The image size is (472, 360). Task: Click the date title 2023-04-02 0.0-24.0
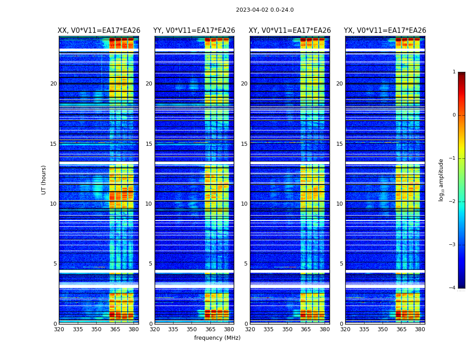pyautogui.click(x=265, y=10)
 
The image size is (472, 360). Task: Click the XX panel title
pyautogui.click(x=99, y=31)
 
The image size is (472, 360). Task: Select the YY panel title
pyautogui.click(x=194, y=31)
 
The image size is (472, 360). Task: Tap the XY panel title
pyautogui.click(x=289, y=31)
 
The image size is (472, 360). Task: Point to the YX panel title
pyautogui.click(x=385, y=31)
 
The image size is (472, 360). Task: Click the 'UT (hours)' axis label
pyautogui.click(x=44, y=180)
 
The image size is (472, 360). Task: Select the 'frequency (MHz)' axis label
pyautogui.click(x=217, y=338)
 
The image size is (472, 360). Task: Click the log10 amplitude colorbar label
pyautogui.click(x=441, y=180)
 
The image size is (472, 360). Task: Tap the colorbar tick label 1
pyautogui.click(x=454, y=72)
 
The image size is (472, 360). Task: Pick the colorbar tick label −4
pyautogui.click(x=453, y=288)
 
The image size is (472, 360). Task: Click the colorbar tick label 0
pyautogui.click(x=454, y=115)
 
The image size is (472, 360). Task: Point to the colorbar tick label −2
pyautogui.click(x=453, y=202)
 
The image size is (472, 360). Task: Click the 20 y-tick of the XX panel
pyautogui.click(x=53, y=84)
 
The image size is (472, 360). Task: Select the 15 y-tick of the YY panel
pyautogui.click(x=149, y=144)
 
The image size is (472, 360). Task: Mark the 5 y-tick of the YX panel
pyautogui.click(x=341, y=264)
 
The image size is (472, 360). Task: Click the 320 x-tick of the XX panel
pyautogui.click(x=59, y=329)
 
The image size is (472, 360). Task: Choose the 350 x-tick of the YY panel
pyautogui.click(x=192, y=329)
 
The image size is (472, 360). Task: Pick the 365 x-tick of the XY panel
pyautogui.click(x=306, y=329)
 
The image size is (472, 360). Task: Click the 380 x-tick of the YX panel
pyautogui.click(x=420, y=329)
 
